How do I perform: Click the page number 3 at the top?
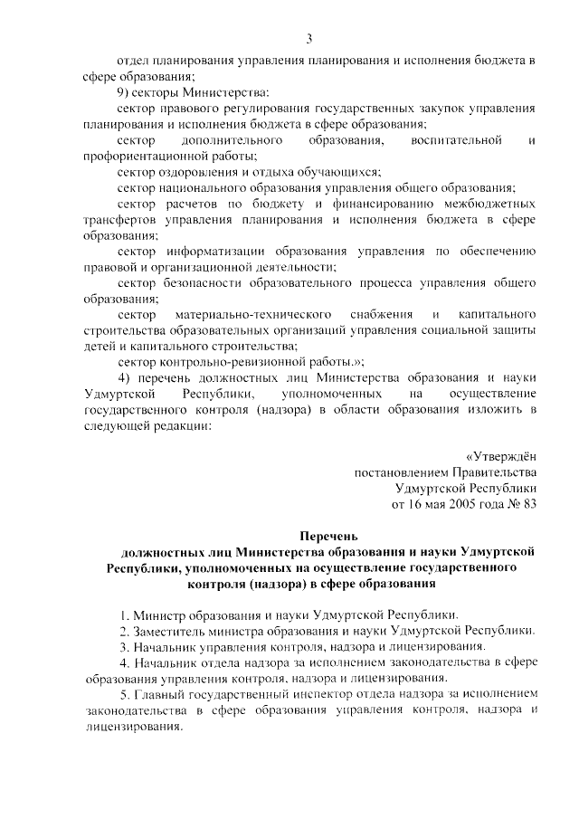(x=308, y=39)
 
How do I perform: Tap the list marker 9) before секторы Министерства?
(x=126, y=92)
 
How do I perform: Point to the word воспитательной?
(x=455, y=141)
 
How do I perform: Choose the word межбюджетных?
(x=492, y=205)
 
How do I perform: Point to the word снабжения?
(x=373, y=314)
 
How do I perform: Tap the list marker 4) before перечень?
(x=126, y=377)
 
